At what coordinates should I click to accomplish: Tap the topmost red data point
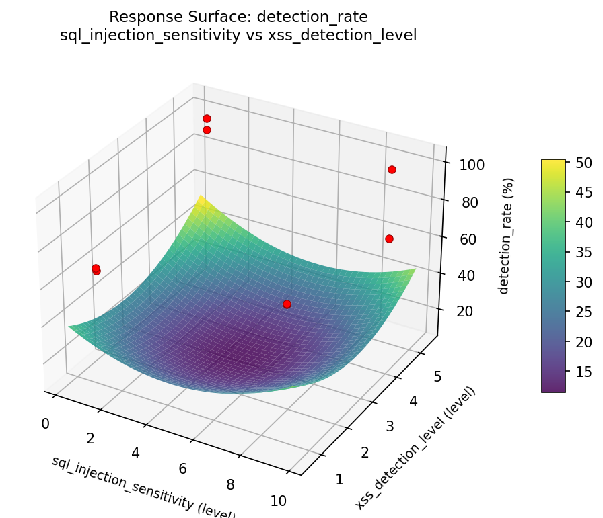pos(207,118)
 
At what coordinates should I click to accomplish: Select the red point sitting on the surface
pos(287,304)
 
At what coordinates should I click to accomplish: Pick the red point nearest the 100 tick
pos(392,169)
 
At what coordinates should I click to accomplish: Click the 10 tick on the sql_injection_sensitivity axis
pos(278,501)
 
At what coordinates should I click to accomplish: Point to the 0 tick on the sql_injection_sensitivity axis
pos(45,423)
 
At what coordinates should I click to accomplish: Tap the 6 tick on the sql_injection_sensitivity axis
pos(182,469)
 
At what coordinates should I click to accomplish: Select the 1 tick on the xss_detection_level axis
pos(339,479)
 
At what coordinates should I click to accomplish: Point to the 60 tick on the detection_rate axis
pos(470,239)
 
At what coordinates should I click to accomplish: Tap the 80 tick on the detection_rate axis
pos(470,203)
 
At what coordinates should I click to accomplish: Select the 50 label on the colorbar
pos(583,163)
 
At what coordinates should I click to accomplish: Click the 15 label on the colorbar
pos(583,372)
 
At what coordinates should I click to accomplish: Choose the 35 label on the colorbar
pos(583,252)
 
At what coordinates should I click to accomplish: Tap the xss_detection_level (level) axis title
pos(415,448)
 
